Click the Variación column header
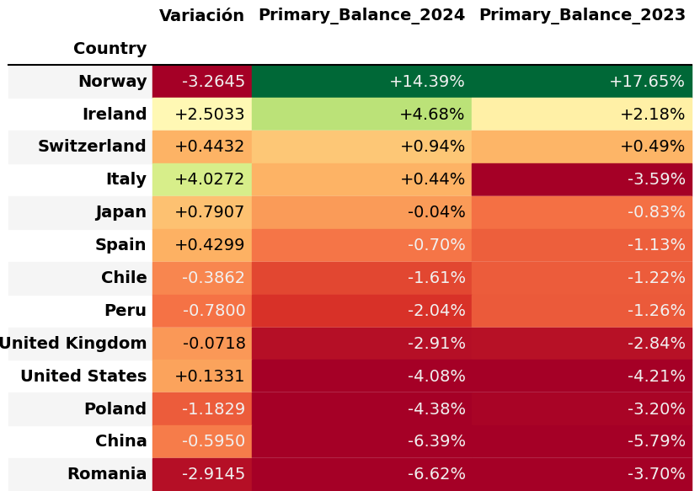coord(201,16)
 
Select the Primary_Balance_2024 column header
coord(361,15)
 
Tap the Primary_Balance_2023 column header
coord(581,15)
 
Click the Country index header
coord(110,49)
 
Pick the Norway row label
coord(112,82)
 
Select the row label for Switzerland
coord(92,147)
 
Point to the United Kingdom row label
coord(72,344)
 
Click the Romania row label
coord(107,474)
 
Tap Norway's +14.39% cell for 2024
coord(361,82)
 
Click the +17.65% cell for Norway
coord(581,82)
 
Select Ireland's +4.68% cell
coord(361,115)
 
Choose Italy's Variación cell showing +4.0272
coord(202,179)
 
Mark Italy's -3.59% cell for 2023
coord(581,179)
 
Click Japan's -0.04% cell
coord(361,212)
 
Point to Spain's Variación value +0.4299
coord(202,245)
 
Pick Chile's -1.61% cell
coord(361,278)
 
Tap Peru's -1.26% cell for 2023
coord(581,311)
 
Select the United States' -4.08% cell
coord(361,376)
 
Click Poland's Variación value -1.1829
coord(202,409)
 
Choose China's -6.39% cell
coord(361,441)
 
